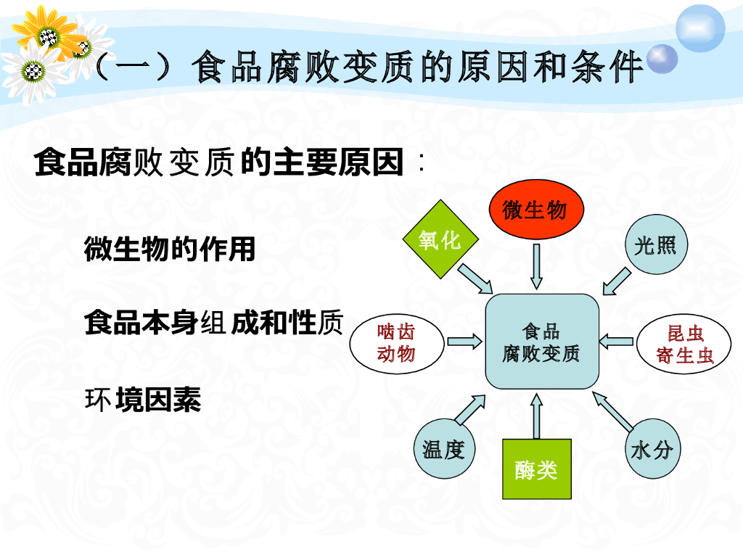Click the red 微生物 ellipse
point(534,210)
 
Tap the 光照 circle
point(655,244)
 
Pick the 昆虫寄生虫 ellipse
point(685,344)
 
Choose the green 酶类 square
point(537,469)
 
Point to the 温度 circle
point(444,449)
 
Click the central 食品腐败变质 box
point(541,342)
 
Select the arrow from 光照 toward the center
point(617,280)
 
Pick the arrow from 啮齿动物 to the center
point(464,341)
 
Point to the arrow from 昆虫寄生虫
point(617,340)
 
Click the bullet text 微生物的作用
point(170,249)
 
